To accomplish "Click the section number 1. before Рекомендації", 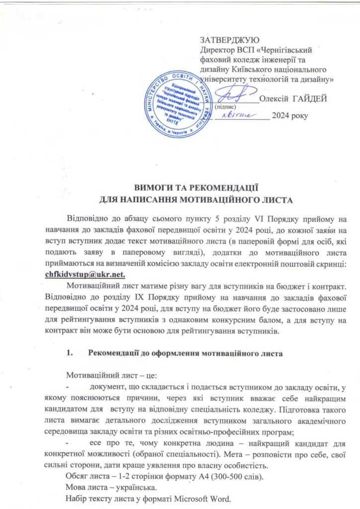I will click(69, 354).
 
